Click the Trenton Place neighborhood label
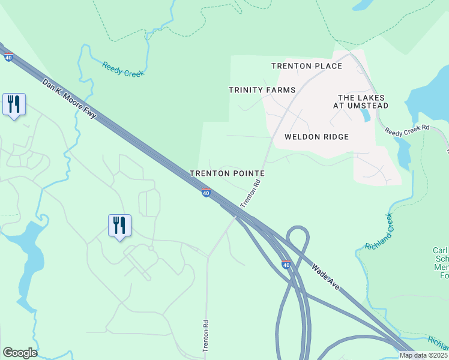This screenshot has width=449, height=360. [306, 66]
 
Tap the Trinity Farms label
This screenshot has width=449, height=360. [262, 90]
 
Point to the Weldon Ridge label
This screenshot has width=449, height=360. [316, 137]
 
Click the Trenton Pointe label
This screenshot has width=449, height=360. [228, 173]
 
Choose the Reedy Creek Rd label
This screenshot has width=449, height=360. [407, 128]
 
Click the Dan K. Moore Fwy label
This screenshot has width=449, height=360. [69, 99]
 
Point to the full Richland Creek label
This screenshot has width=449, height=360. [378, 232]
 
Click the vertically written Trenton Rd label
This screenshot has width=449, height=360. [205, 340]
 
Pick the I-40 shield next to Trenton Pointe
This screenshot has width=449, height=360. [206, 193]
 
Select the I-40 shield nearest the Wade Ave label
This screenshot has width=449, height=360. [286, 264]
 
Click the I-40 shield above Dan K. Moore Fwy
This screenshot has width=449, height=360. [8, 57]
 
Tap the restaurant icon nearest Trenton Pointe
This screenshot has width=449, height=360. [119, 226]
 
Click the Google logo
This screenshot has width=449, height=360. [20, 353]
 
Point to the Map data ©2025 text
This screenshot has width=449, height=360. [424, 355]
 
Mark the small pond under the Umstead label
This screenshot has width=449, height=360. [366, 115]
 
